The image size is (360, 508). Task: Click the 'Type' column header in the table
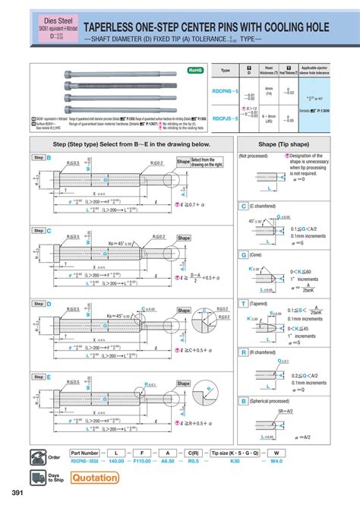tap(225, 70)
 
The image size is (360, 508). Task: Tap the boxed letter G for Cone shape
tap(243, 255)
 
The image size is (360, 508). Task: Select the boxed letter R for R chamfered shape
tap(243, 352)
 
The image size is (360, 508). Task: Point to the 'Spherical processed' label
tap(270, 400)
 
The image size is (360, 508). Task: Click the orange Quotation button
tap(95, 477)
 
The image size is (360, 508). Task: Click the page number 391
tap(12, 494)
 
